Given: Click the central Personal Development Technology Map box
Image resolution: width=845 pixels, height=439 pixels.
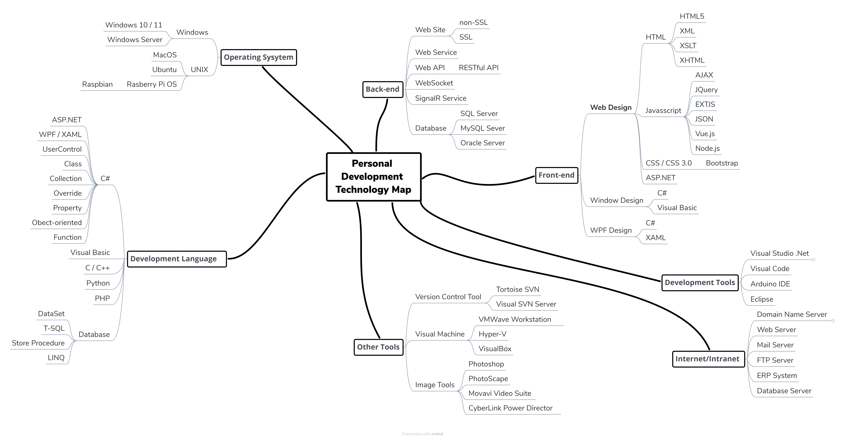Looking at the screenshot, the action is (374, 177).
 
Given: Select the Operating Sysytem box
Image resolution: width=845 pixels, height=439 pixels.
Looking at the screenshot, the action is (258, 57).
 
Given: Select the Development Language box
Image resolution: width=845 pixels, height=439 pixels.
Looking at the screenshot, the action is (174, 259).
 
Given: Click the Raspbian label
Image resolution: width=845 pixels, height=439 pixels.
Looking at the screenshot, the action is (97, 84).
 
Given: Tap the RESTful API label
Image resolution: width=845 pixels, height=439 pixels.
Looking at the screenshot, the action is (479, 68).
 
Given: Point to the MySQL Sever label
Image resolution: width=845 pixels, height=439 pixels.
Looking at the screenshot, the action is (483, 128).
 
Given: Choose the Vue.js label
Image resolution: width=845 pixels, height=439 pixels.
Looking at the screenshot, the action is (705, 134).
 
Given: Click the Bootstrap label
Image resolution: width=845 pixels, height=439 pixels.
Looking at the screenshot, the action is (722, 163).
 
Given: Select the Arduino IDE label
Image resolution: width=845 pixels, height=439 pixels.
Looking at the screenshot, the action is (770, 284).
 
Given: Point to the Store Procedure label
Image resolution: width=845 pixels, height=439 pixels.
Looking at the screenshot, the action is (38, 343).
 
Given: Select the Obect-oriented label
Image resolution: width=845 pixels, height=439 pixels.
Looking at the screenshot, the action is (57, 223).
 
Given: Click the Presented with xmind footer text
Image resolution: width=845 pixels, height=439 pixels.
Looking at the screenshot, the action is (422, 434).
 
